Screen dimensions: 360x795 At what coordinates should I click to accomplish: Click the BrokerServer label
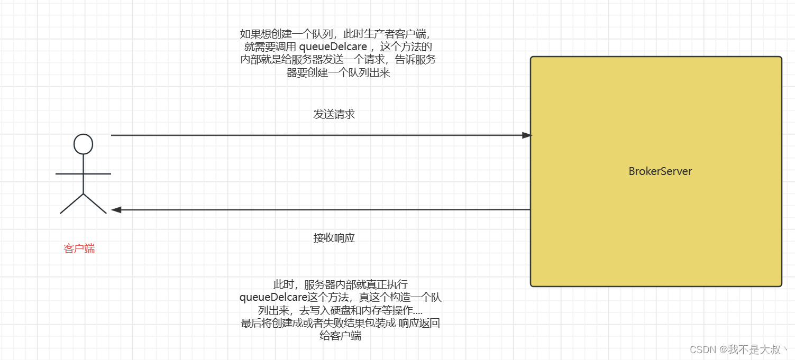pos(660,171)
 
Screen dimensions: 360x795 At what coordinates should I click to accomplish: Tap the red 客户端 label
pos(79,248)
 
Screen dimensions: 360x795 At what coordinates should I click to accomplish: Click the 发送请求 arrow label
pos(334,114)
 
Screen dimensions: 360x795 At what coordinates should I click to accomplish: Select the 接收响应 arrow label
pos(334,238)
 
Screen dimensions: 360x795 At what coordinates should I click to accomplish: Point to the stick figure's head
pos(84,144)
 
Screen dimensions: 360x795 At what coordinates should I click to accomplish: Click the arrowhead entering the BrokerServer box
pos(526,135)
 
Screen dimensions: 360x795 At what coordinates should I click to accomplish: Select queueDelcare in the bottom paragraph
pos(273,298)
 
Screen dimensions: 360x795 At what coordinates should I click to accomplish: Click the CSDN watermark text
pos(704,349)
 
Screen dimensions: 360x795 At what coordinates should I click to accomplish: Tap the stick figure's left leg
pos(72,204)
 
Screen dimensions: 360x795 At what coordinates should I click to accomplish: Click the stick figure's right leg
pos(95,204)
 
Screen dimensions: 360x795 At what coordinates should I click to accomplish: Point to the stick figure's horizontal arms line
pos(84,173)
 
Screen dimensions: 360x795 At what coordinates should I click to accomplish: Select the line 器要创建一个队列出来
pos(339,73)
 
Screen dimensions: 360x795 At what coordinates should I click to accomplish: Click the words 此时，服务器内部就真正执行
pos(340,284)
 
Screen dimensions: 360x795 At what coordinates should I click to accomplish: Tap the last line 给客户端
pos(340,336)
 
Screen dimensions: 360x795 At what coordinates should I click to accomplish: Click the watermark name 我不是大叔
pos(753,349)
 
